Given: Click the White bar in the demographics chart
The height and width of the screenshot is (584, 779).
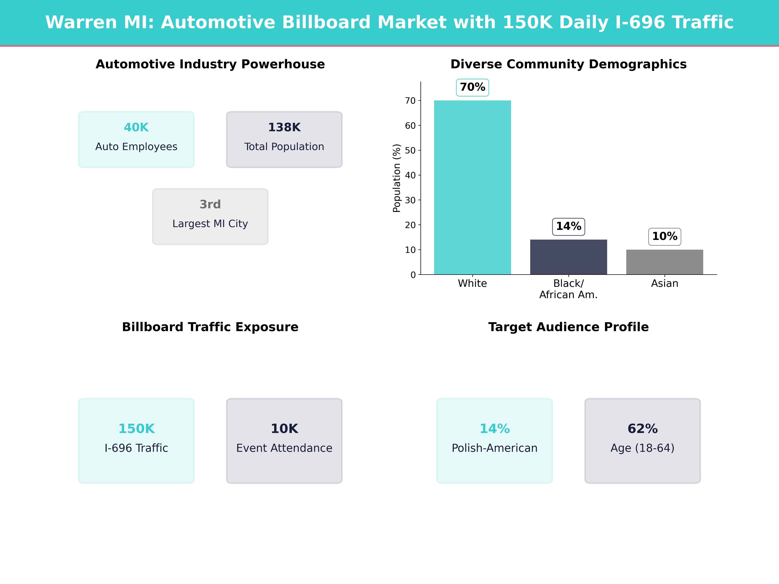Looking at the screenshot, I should pyautogui.click(x=472, y=187).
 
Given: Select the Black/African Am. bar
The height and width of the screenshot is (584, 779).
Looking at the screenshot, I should pyautogui.click(x=568, y=257).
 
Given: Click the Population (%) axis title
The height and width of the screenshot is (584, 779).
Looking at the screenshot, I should pyautogui.click(x=397, y=178).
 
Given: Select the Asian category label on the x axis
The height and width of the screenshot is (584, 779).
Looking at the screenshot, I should pyautogui.click(x=665, y=283).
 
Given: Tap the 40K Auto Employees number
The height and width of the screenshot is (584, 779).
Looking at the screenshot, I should pyautogui.click(x=136, y=128).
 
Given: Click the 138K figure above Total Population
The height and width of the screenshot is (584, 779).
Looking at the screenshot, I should pyautogui.click(x=284, y=128).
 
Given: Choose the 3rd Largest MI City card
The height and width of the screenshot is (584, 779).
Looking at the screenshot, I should pyautogui.click(x=210, y=217).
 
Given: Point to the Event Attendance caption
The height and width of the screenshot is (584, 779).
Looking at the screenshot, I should pyautogui.click(x=284, y=448).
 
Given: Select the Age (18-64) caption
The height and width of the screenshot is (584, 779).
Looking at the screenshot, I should pyautogui.click(x=642, y=448).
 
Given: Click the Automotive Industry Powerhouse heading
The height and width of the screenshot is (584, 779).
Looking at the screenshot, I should pyautogui.click(x=210, y=64).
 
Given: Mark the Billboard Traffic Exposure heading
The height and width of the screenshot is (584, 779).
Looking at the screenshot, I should pyautogui.click(x=210, y=327).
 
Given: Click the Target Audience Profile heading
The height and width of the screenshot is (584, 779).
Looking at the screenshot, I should pyautogui.click(x=568, y=327).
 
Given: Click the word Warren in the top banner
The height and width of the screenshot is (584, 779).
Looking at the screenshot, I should pyautogui.click(x=81, y=23).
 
